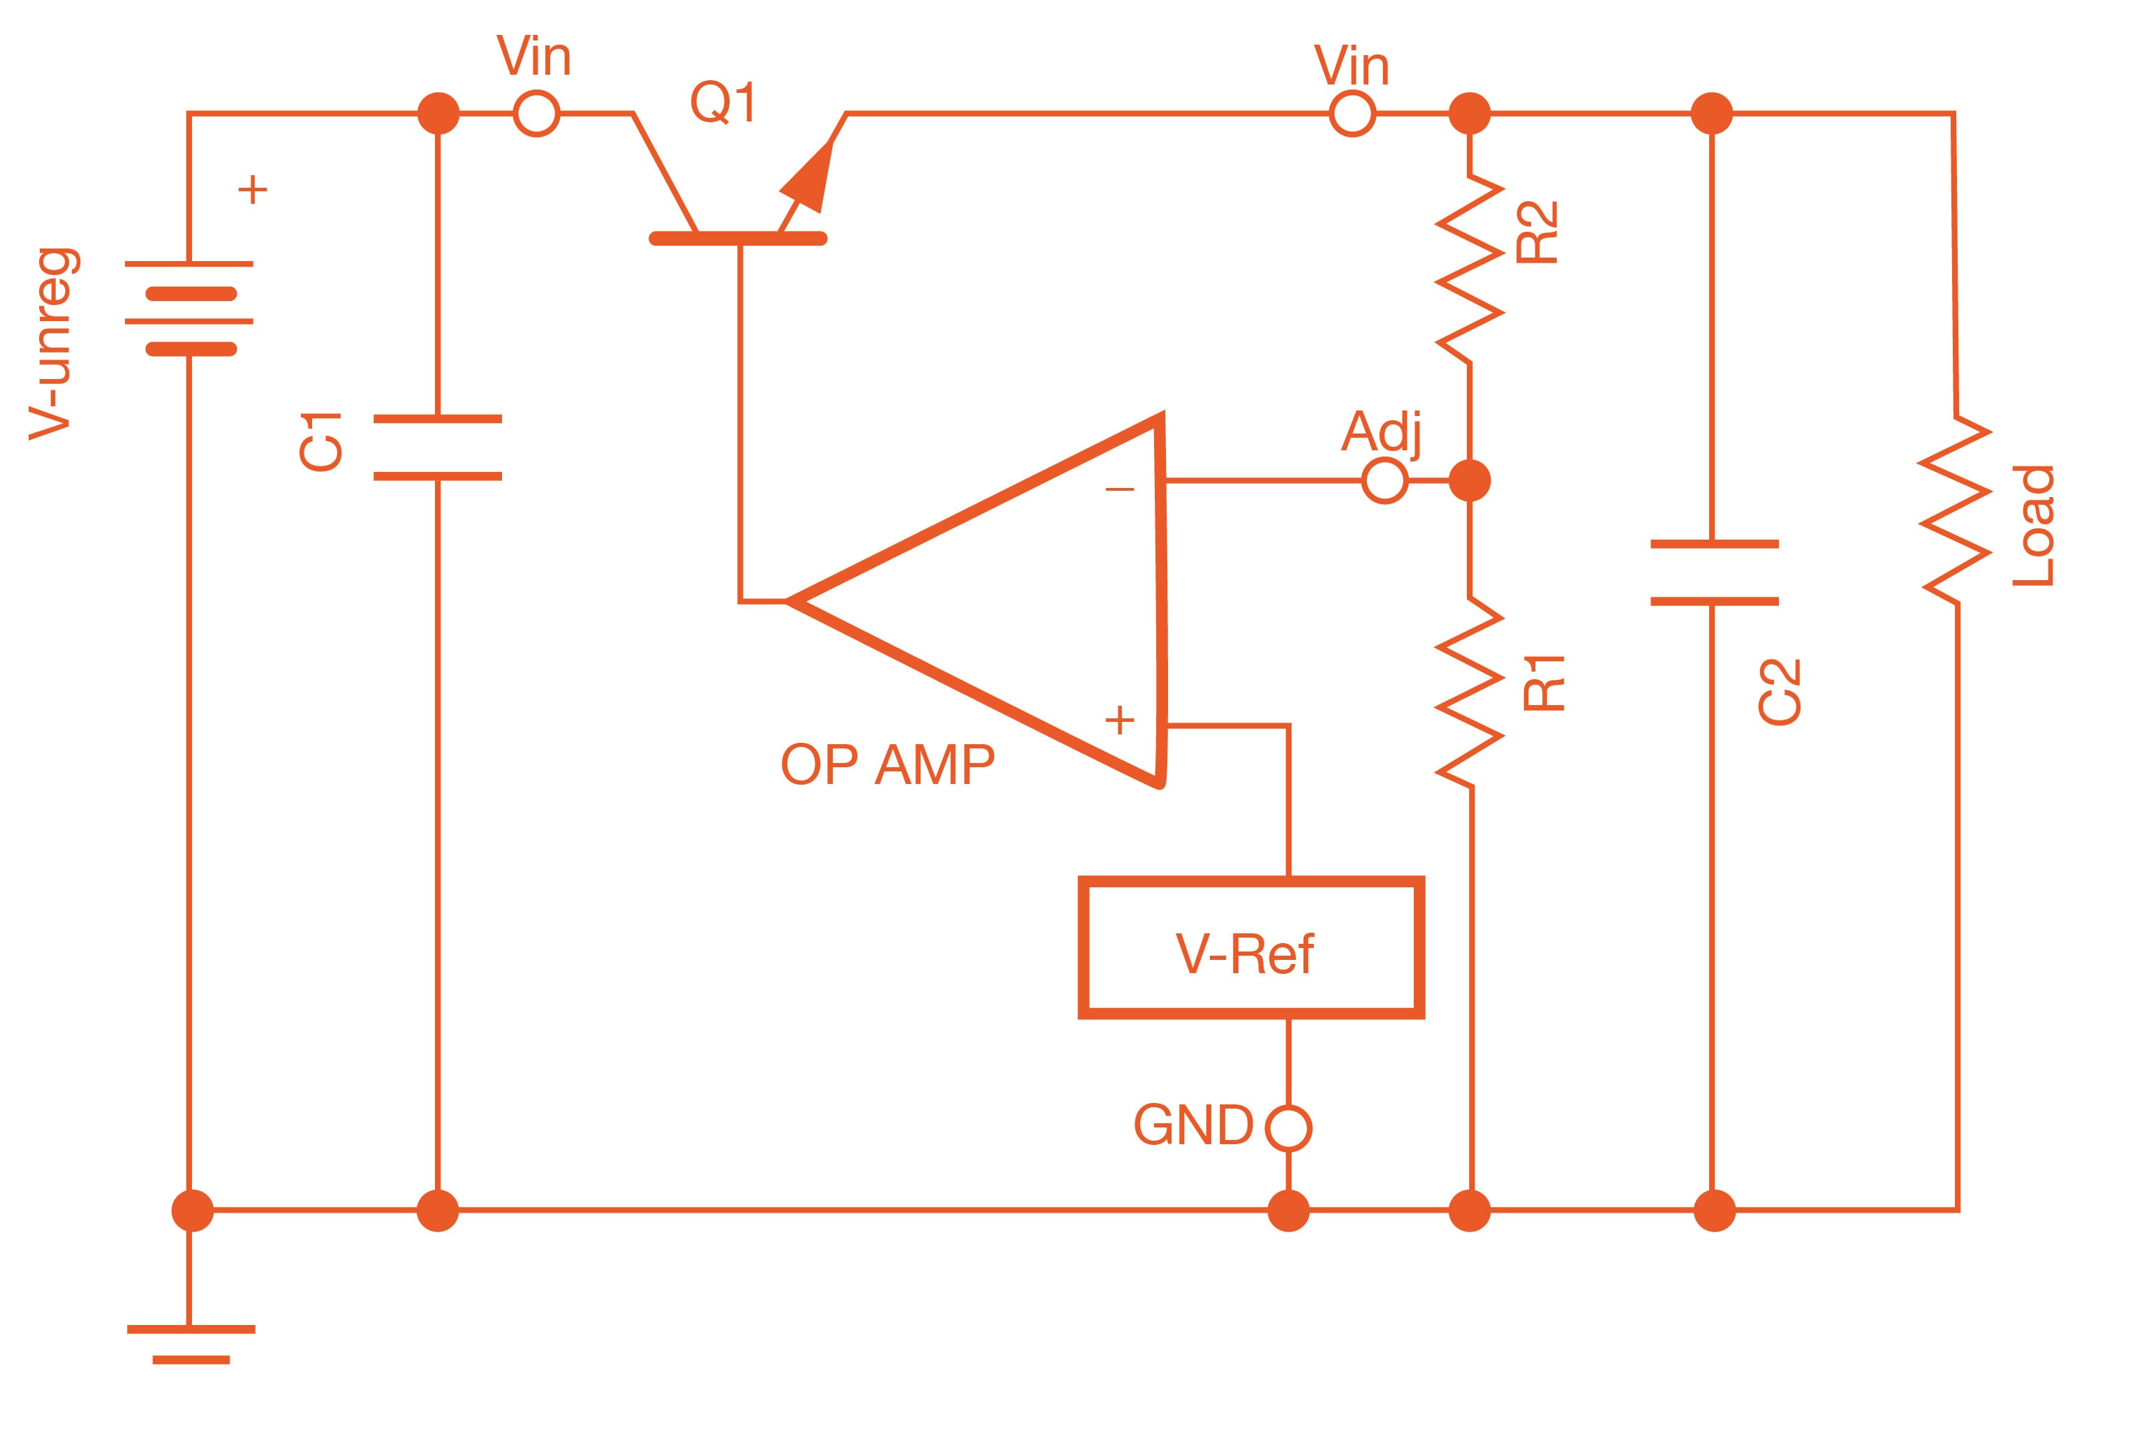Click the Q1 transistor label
[x=723, y=102]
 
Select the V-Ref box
[x=1250, y=948]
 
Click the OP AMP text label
[x=887, y=764]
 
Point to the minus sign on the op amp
[x=1119, y=490]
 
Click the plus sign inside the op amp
[x=1119, y=720]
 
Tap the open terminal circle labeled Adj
[x=1384, y=480]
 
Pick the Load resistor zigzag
[x=1956, y=510]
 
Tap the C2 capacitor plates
[x=1714, y=572]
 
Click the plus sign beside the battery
[x=253, y=191]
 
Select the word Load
[x=2032, y=526]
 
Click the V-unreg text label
[x=53, y=344]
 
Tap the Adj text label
[x=1383, y=431]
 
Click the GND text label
[x=1192, y=1125]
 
